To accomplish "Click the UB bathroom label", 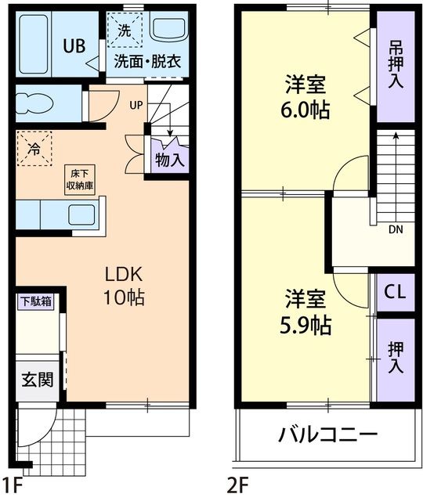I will pyautogui.click(x=74, y=45).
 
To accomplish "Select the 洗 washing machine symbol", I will pyautogui.click(x=125, y=31).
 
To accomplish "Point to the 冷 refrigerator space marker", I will pyautogui.click(x=34, y=146).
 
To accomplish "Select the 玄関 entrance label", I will pyautogui.click(x=37, y=381).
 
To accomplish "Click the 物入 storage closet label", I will pyautogui.click(x=170, y=160).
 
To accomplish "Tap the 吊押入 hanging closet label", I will pyautogui.click(x=396, y=65).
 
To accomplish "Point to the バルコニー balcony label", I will pyautogui.click(x=328, y=435).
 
